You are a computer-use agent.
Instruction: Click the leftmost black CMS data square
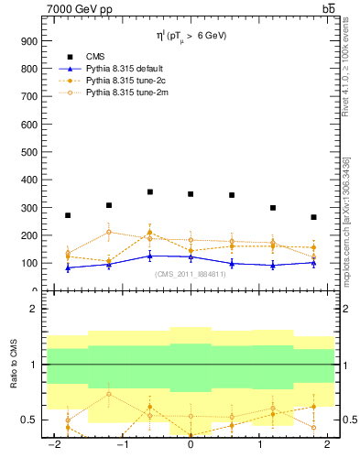(68, 215)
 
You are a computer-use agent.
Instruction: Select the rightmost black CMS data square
(313, 217)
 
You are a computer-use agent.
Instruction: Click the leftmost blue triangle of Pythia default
(68, 267)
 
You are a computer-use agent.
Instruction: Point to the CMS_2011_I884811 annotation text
(191, 274)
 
